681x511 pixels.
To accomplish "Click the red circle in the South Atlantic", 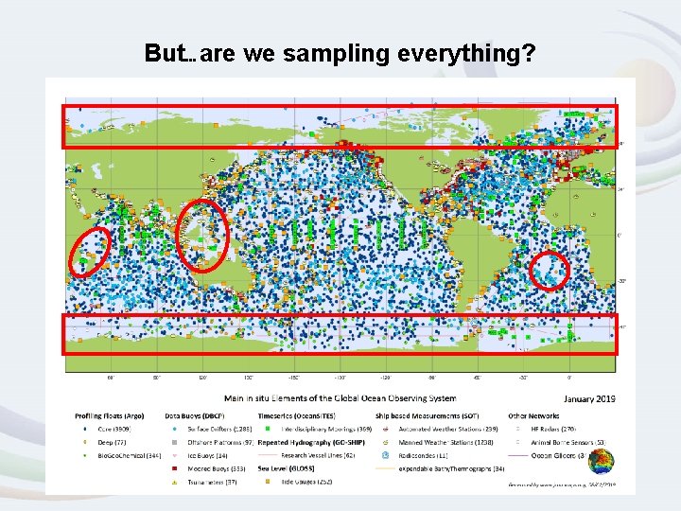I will [x=550, y=270].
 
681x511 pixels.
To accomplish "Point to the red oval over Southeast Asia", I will [x=204, y=234].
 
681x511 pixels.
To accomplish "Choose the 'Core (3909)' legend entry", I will [x=108, y=428].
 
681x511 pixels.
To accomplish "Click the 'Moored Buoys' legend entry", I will [x=212, y=468].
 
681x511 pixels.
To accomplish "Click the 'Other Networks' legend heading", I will [x=535, y=415].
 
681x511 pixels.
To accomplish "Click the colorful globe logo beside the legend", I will [x=600, y=463].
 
